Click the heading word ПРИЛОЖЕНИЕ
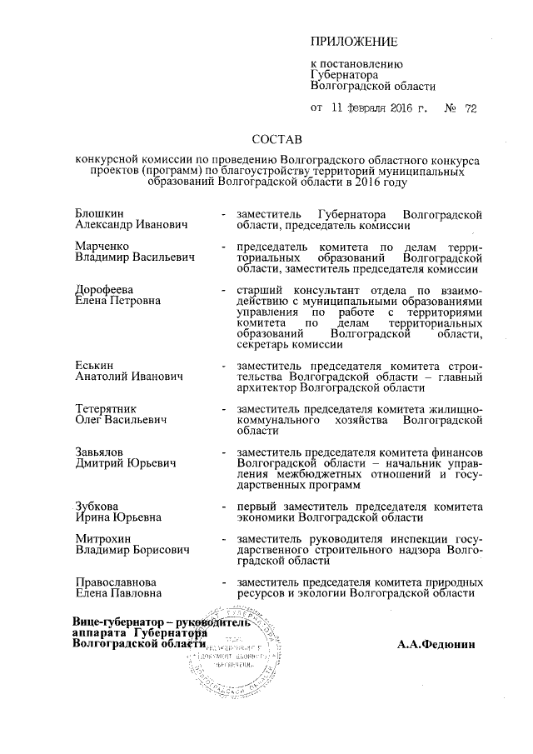[355, 42]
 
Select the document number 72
[471, 107]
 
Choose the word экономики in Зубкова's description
[268, 517]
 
